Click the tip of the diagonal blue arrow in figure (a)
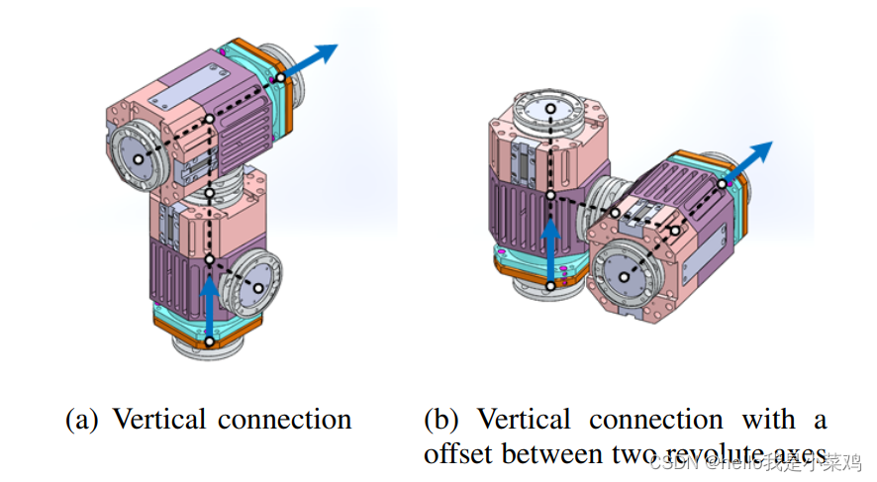pyautogui.click(x=336, y=46)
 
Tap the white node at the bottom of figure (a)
pyautogui.click(x=210, y=340)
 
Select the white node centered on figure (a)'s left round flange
pyautogui.click(x=138, y=158)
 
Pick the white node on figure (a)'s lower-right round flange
pyautogui.click(x=258, y=288)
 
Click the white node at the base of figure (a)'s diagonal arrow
pyautogui.click(x=281, y=76)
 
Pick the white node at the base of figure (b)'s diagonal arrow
pyautogui.click(x=723, y=181)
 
